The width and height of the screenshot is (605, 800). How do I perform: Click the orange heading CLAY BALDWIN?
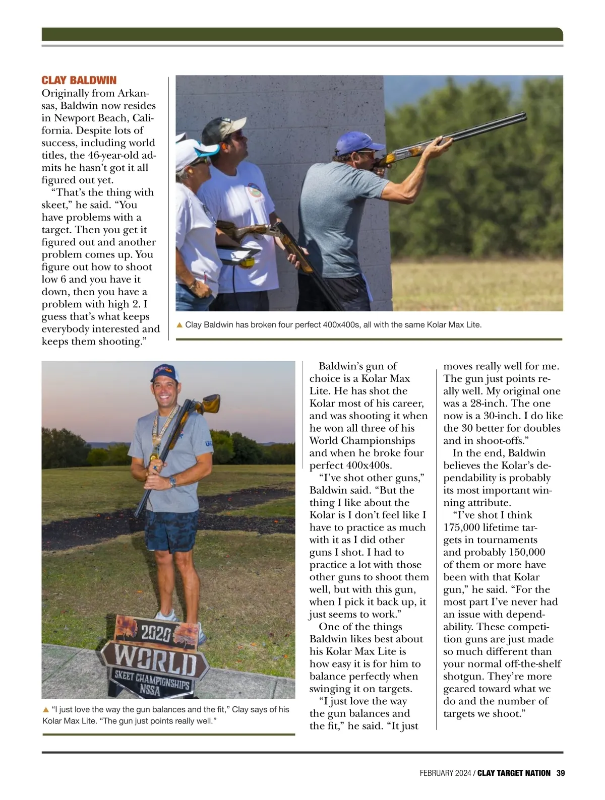(79, 81)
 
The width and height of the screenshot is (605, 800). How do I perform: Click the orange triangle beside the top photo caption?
(179, 325)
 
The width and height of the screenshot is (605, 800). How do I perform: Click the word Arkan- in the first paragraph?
(133, 94)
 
